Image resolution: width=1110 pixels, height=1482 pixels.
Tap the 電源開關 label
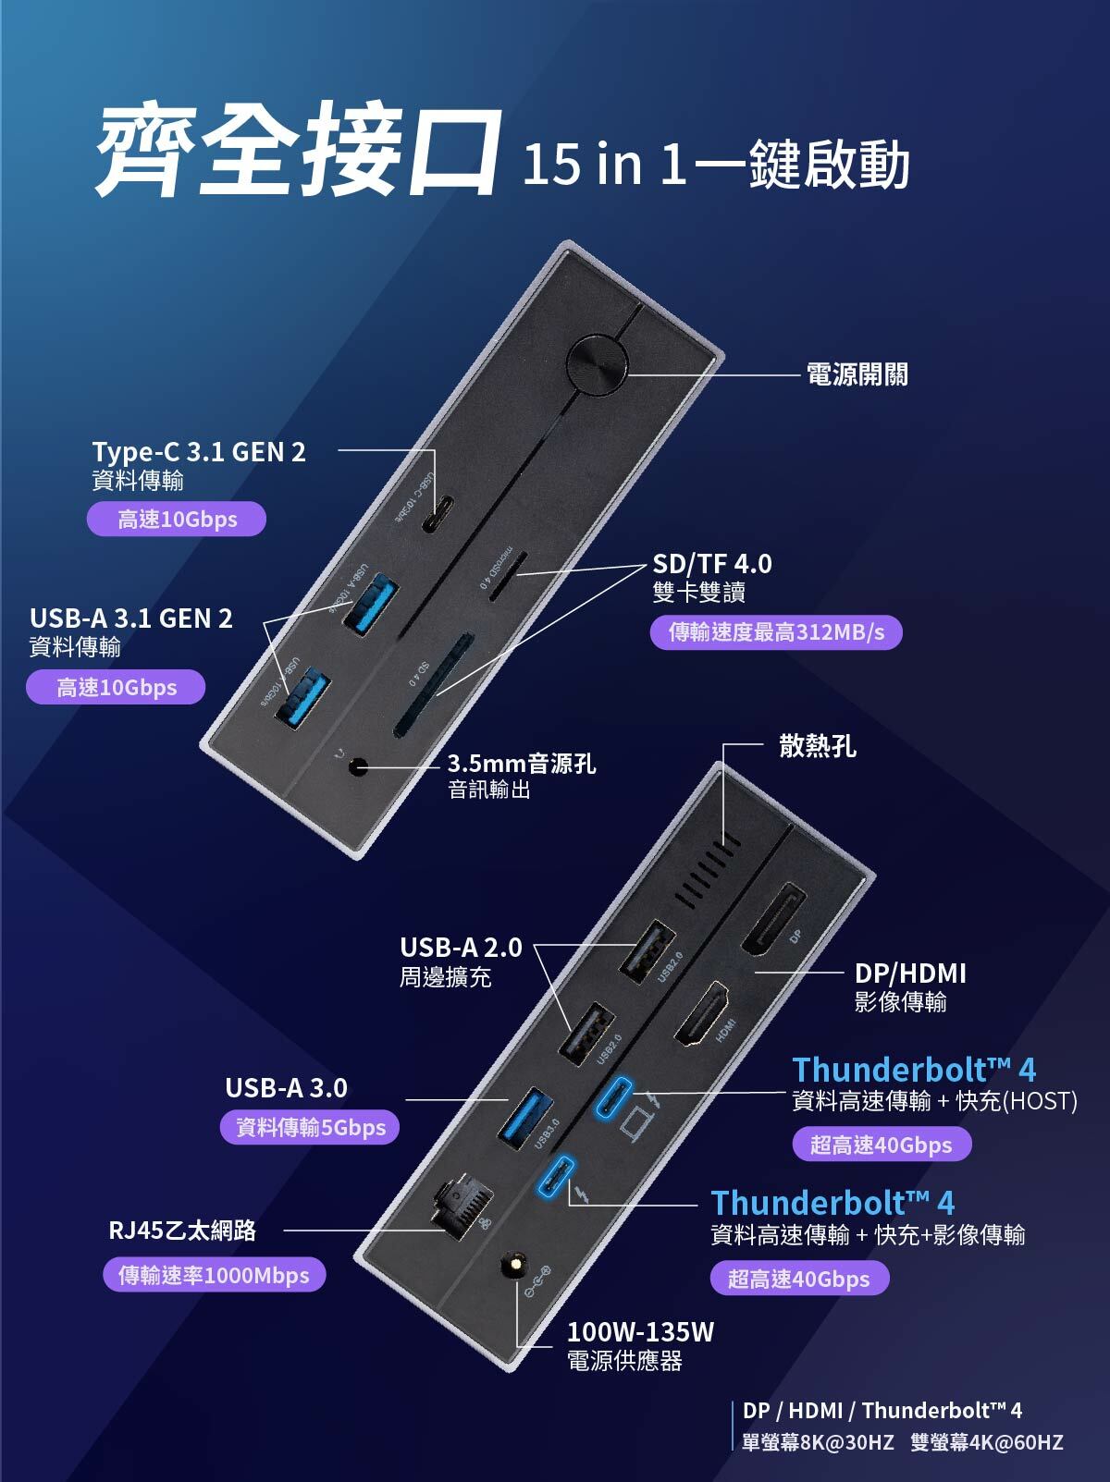[857, 374]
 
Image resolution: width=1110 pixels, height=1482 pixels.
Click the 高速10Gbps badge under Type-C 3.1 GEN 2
[177, 519]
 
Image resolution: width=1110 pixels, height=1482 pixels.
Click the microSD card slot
[508, 577]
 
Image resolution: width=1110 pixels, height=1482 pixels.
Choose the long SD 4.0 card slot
[433, 685]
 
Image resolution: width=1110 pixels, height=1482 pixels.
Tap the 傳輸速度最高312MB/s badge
[776, 632]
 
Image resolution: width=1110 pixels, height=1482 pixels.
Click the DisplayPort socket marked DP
[772, 920]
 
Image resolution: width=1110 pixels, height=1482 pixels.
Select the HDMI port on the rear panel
[704, 1014]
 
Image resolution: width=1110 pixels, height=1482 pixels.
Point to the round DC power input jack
[512, 1266]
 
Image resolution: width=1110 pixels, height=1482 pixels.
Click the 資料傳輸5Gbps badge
[311, 1127]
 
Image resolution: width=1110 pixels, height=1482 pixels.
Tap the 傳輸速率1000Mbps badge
[214, 1276]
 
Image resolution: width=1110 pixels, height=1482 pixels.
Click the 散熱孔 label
[818, 746]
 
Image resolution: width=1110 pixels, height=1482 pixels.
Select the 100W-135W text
[640, 1332]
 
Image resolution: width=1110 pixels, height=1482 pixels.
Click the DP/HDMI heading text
[910, 973]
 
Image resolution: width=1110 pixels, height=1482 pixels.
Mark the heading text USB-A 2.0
[461, 948]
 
